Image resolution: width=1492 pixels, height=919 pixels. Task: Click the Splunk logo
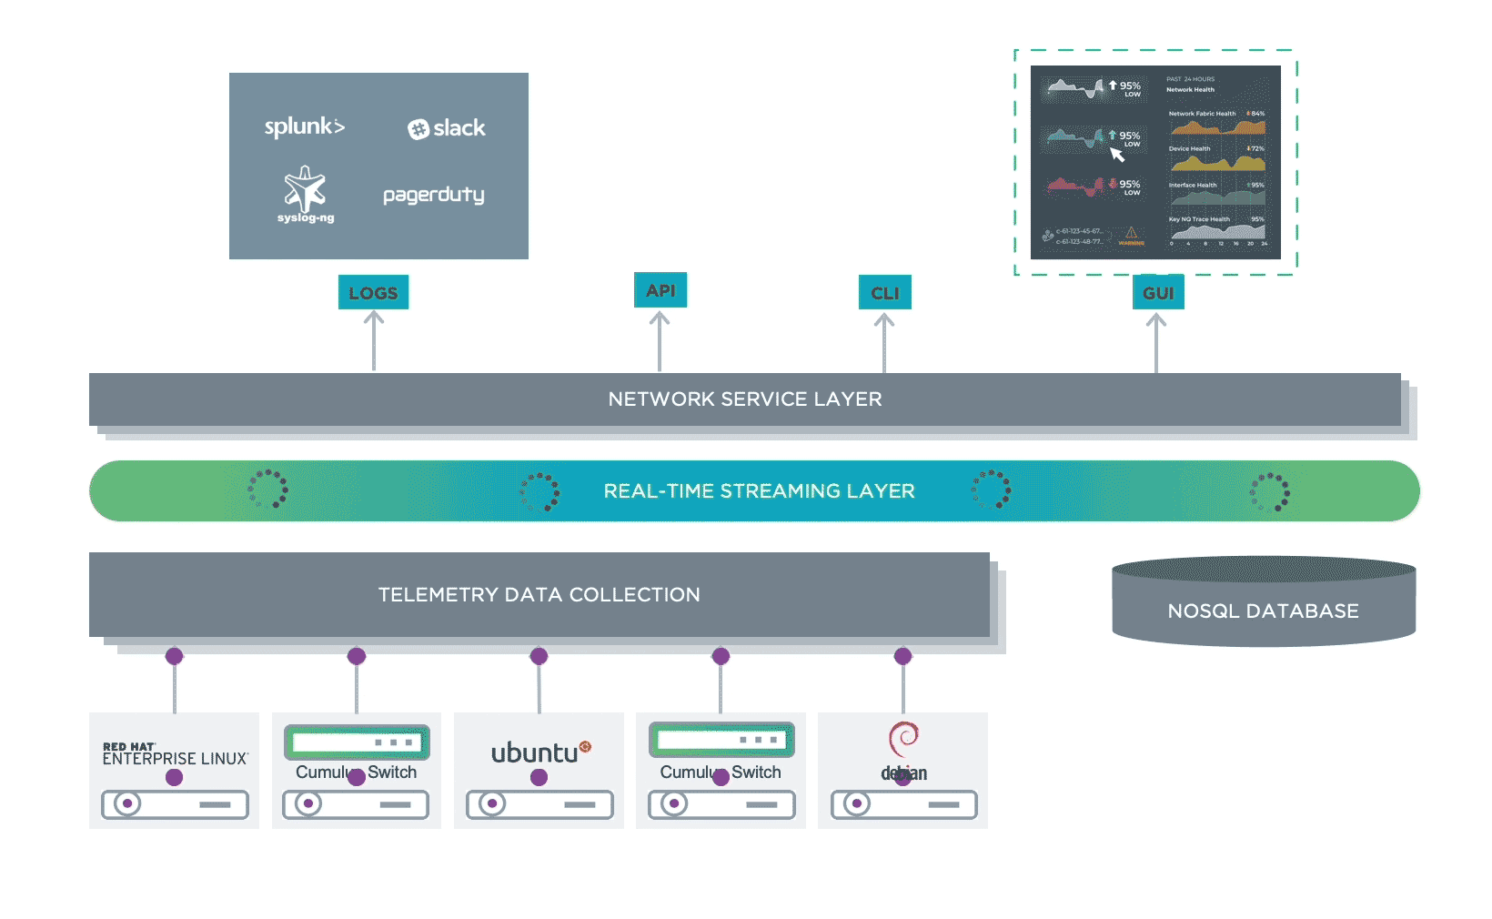pos(304,127)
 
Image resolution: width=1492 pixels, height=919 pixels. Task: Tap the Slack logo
pos(446,128)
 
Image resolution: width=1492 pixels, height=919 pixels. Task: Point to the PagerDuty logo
pos(433,195)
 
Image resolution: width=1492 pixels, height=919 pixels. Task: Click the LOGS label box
pos(373,293)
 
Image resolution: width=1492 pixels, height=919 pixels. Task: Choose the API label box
pos(660,290)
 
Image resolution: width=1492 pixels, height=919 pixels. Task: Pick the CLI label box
pos(884,293)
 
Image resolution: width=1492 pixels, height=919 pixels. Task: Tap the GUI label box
pos(1158,293)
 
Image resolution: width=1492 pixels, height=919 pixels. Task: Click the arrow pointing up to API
pos(660,341)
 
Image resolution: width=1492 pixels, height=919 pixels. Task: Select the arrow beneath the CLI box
pos(884,343)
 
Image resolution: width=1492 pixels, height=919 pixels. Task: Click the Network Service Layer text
pos(745,399)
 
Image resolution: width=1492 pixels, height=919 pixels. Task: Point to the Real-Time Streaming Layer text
pos(759,491)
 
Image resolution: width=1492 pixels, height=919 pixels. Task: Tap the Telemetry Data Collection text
pos(539,595)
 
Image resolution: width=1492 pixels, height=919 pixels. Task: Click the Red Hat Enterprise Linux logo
pos(175,754)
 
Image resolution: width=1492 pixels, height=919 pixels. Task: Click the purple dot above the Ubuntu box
pos(539,656)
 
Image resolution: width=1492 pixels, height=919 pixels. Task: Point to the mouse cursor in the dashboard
pos(1117,155)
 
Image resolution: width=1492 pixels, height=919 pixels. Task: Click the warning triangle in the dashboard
pos(1131,234)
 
